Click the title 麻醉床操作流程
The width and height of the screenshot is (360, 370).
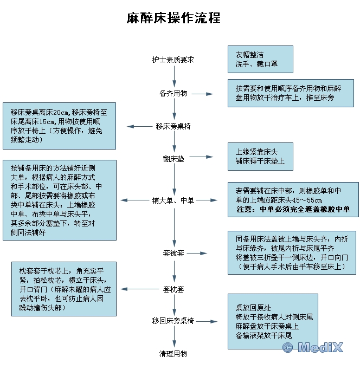[173, 17]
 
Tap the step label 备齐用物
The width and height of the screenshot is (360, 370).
[173, 93]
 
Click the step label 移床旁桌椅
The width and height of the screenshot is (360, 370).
[173, 126]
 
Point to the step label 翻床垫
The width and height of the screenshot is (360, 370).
[173, 159]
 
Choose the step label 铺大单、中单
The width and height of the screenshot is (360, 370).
[173, 200]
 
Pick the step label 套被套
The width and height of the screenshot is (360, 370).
[173, 253]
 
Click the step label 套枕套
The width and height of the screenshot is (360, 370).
[173, 289]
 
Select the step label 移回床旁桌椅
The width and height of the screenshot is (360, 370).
[173, 321]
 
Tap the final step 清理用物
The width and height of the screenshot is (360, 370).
[173, 354]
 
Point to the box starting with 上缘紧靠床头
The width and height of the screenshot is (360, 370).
[260, 157]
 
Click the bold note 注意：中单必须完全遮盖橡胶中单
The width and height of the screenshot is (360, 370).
[293, 209]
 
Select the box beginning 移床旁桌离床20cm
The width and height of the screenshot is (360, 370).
[59, 126]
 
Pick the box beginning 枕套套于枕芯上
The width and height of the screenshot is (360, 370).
[64, 289]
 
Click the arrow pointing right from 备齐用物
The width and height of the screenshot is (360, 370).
[203, 94]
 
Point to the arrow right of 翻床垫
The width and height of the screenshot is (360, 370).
[201, 158]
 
